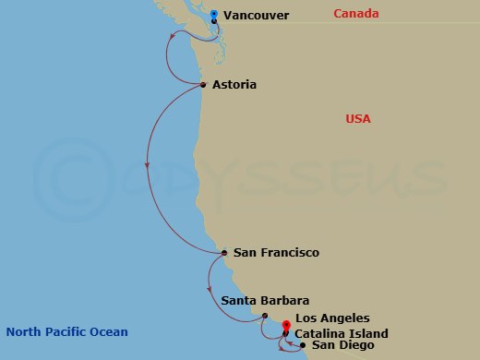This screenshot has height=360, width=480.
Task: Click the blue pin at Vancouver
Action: (214, 15)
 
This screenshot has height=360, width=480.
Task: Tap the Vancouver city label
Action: (256, 16)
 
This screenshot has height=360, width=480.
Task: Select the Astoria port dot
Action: (202, 85)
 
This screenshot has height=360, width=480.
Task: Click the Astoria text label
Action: (234, 85)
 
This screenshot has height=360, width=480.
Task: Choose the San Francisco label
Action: (276, 252)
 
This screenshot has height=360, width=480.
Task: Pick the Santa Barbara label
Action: (265, 301)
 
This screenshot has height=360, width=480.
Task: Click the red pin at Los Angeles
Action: (286, 326)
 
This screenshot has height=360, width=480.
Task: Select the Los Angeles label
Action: (332, 318)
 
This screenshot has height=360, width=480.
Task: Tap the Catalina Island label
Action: (342, 333)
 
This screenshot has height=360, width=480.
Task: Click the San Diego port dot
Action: (303, 345)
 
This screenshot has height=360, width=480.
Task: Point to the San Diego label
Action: (342, 345)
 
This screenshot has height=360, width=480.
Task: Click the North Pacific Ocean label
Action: (66, 332)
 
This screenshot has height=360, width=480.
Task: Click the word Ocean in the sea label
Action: (109, 332)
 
